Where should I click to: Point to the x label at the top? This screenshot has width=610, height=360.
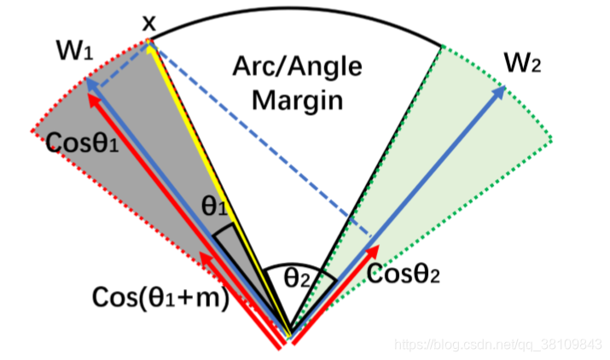coord(149,23)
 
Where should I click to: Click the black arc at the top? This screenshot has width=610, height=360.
coord(299,17)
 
